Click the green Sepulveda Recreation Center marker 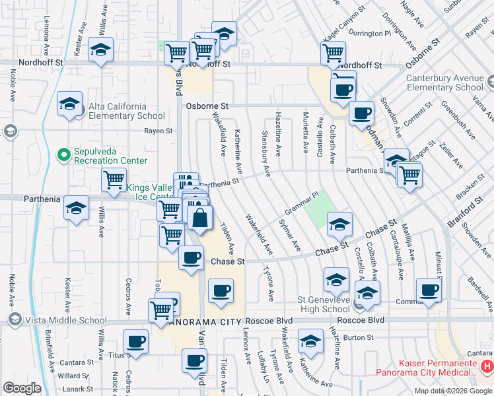pos(64,155)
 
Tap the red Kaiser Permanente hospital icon pos(487,365)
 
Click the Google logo pos(22,388)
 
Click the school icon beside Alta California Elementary pos(69,104)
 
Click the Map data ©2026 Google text pos(453,391)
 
